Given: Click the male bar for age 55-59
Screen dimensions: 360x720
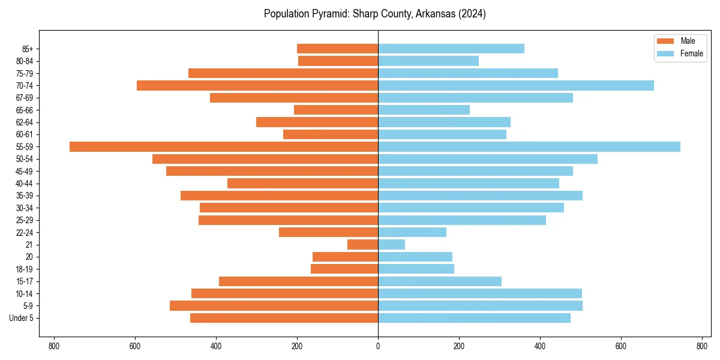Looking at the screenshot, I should coord(224,147).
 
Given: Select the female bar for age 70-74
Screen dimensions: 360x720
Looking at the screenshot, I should coord(516,86).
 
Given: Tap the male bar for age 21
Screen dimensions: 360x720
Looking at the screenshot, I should coord(362,245).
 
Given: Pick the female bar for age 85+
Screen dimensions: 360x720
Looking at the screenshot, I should coord(451,49).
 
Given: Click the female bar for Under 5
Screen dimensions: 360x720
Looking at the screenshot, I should coord(474,318).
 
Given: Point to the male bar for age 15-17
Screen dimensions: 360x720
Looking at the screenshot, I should coord(298,281).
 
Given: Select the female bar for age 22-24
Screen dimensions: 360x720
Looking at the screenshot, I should coord(412,232).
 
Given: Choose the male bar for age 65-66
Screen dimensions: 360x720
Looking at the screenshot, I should coord(336,110).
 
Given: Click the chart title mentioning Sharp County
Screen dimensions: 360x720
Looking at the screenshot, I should coord(375,14).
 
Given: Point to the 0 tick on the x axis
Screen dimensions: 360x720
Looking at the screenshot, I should coord(378,346).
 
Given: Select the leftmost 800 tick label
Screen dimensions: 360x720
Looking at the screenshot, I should coord(54,346).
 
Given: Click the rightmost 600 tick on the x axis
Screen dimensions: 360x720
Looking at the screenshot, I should coord(621,346).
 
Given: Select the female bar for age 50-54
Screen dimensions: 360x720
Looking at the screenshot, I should coord(488,159).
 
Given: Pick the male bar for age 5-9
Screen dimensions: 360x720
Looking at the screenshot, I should coord(274,306).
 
